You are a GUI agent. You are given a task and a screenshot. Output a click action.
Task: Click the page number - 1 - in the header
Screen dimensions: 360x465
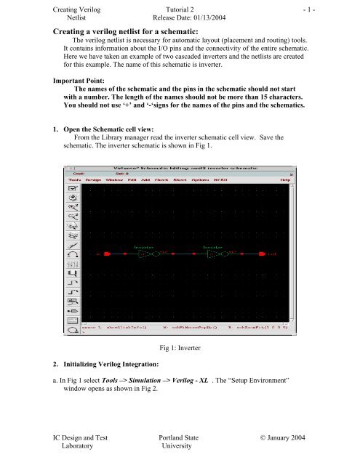point(345,9)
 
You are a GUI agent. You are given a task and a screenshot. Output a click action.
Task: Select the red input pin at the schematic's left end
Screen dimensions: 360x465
point(107,255)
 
